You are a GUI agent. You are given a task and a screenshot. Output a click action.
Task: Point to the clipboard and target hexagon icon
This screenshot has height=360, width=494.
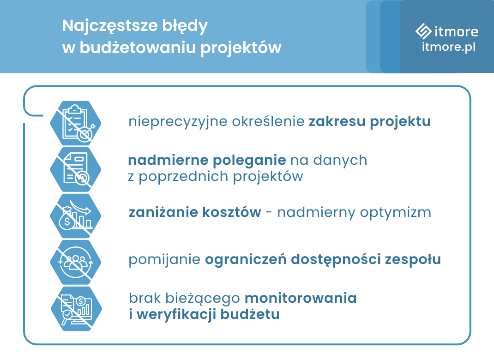(75, 123)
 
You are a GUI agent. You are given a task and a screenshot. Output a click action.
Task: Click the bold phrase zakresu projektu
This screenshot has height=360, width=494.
(369, 122)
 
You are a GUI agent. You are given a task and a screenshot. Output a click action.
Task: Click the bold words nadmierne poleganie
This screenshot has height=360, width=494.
(207, 160)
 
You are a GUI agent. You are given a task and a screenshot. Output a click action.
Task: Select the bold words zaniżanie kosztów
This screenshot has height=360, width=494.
(194, 212)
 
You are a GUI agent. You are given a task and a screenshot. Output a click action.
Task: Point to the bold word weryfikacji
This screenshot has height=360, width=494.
(173, 315)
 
